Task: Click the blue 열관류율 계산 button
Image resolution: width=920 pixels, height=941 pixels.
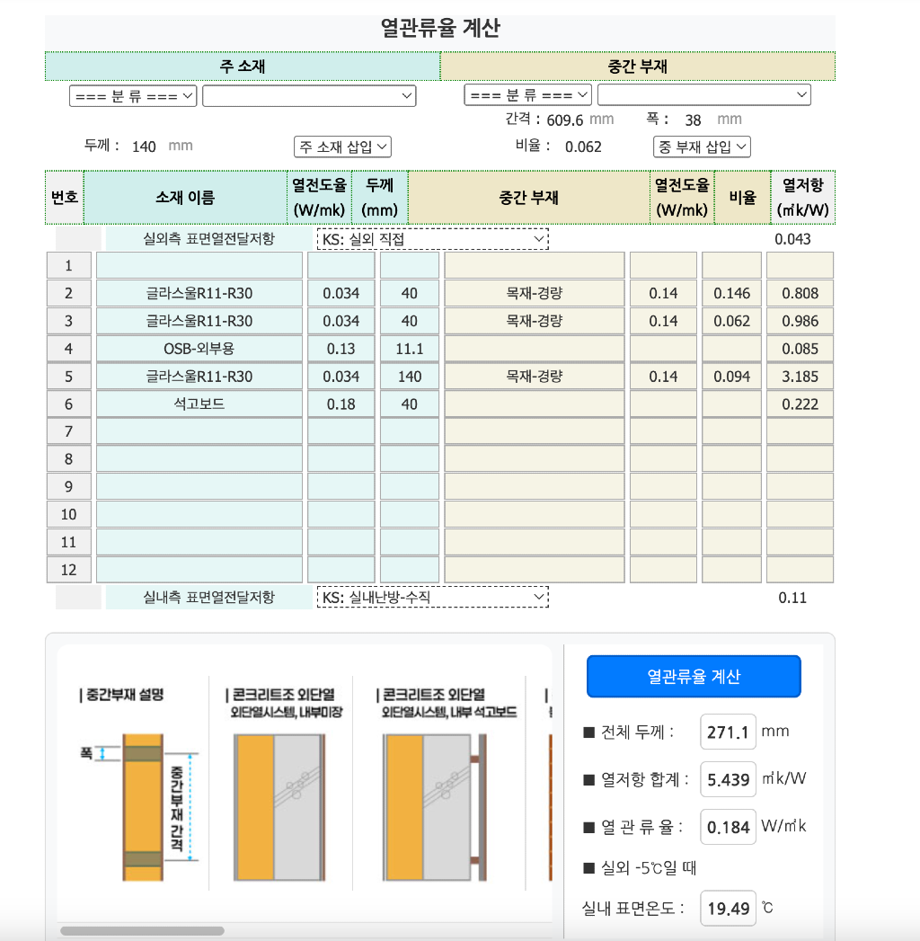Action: (693, 676)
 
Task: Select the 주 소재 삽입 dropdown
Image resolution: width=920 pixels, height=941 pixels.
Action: (342, 146)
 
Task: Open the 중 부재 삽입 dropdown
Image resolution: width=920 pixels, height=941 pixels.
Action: (702, 146)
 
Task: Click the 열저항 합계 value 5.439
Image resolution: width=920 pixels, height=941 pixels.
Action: (728, 778)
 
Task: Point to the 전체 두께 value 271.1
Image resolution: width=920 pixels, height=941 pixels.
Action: (728, 732)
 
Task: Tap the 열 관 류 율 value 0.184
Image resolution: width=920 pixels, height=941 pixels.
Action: (728, 827)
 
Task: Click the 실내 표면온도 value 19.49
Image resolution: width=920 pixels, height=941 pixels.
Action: (728, 908)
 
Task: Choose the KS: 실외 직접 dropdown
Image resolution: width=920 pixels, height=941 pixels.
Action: (432, 239)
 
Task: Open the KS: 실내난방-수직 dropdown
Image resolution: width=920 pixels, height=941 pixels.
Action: (432, 597)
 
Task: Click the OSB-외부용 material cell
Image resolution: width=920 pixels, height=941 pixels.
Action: (199, 349)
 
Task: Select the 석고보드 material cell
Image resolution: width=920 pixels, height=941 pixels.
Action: (199, 404)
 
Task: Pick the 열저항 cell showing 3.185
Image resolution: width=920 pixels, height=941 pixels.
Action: (800, 377)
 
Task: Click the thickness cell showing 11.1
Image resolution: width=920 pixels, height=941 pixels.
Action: (410, 349)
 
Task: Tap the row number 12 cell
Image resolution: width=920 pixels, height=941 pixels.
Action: (69, 570)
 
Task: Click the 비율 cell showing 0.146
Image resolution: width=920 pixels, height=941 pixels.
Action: (731, 293)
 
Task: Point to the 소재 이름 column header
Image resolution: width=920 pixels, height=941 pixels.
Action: (185, 197)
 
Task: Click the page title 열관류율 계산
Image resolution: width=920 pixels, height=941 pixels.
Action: (440, 28)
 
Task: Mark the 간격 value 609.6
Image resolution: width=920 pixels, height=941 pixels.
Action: (565, 120)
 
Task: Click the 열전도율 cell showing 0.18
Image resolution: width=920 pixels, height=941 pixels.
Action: (341, 404)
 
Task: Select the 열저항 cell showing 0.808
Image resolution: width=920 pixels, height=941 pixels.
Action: (800, 293)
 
